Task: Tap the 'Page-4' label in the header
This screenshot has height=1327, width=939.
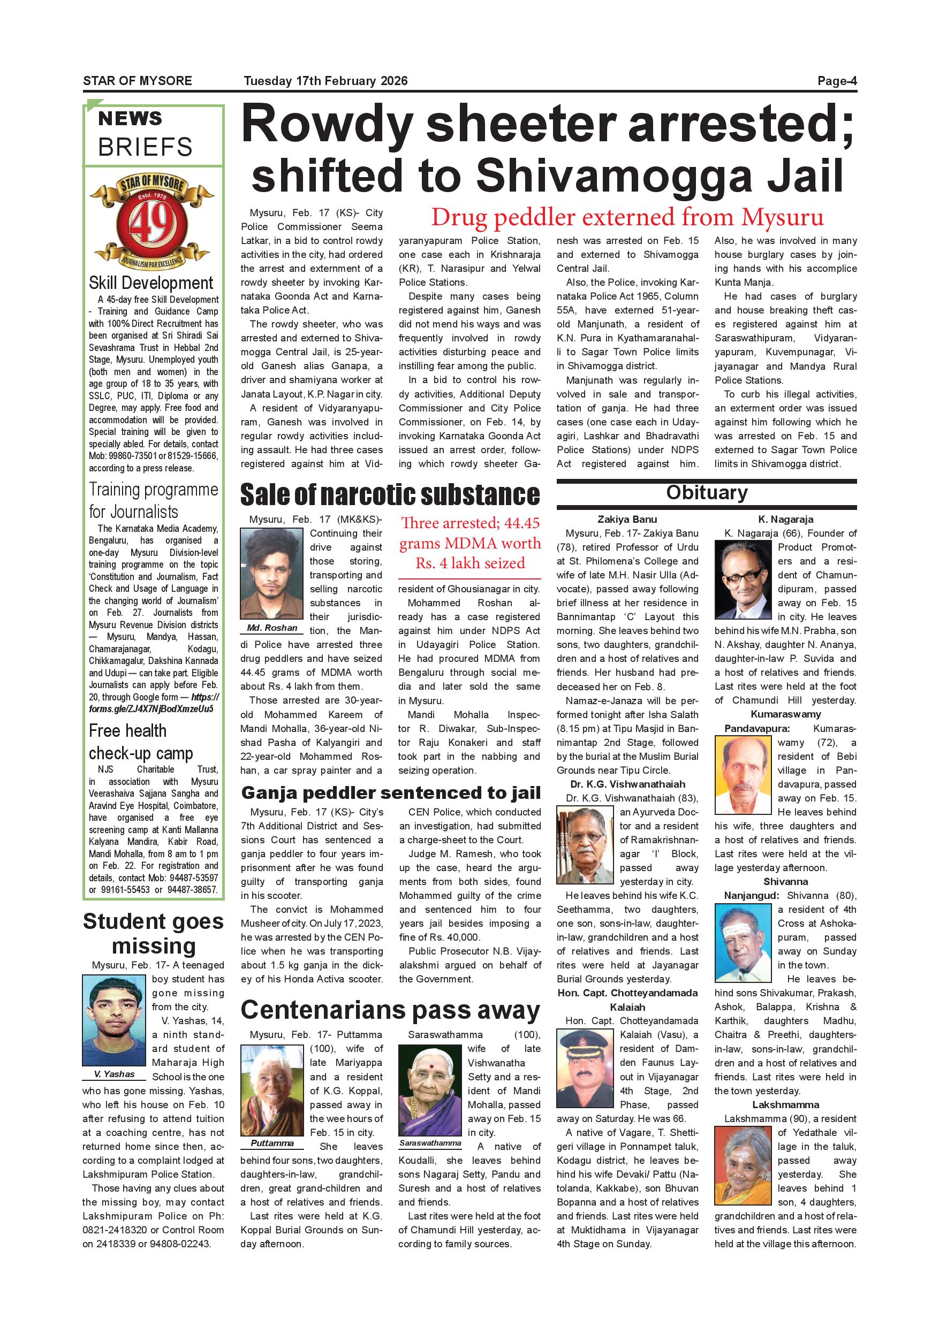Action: pos(836,81)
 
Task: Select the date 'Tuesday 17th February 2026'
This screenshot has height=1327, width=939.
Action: pos(325,81)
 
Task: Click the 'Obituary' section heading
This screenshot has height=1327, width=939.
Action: pos(707,492)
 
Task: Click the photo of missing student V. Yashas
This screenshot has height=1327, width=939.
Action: pos(114,1021)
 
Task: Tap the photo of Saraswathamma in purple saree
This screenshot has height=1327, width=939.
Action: pos(429,1090)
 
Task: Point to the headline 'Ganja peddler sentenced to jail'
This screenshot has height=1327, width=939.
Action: pos(391,793)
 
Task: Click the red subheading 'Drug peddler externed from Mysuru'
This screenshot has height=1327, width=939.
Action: pos(627,217)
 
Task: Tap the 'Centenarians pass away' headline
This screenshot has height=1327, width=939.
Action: pos(390,1010)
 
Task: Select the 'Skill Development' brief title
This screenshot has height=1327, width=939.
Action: pos(151,283)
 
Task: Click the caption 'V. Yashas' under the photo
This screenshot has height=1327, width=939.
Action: pos(115,1074)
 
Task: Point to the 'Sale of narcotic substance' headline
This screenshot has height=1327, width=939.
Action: pos(390,495)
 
